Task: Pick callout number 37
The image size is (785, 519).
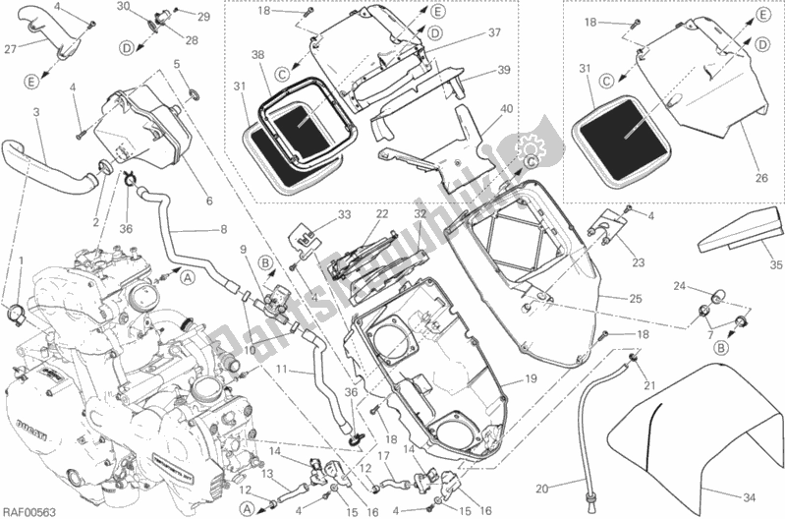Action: click(x=493, y=32)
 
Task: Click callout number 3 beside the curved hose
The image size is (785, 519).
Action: click(x=36, y=113)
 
